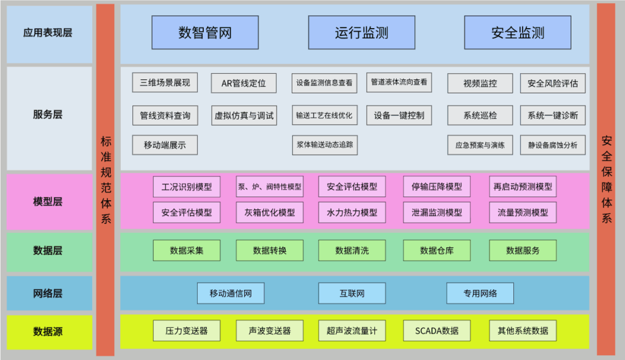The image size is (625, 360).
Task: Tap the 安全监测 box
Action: [x=518, y=32]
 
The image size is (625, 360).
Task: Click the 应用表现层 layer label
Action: [x=49, y=33]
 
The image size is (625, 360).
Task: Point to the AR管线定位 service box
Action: [x=244, y=83]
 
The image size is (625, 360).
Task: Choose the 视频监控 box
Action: [x=480, y=83]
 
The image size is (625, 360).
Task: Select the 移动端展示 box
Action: [x=165, y=145]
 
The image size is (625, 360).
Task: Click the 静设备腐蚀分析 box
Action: [x=552, y=145]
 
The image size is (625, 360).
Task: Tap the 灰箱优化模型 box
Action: [x=269, y=212]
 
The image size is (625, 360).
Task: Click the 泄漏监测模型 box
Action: [x=436, y=212]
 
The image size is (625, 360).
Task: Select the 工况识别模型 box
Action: [x=187, y=187]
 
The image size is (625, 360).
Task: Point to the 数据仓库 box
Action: [x=436, y=250]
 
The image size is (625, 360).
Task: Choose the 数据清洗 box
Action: [x=352, y=250]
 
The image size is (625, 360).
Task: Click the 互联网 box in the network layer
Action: [x=352, y=293]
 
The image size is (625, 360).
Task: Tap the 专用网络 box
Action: [x=480, y=293]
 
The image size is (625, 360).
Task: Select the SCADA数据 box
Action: [x=436, y=331]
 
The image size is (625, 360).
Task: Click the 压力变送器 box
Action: [x=187, y=331]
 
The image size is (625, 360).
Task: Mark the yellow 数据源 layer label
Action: [x=49, y=332]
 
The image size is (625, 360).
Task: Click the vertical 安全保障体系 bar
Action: [x=605, y=179]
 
